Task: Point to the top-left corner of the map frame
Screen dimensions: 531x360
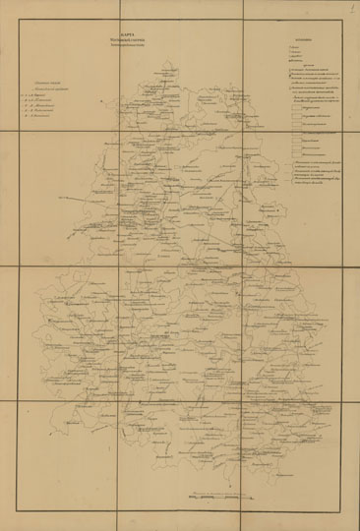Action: coord(15,15)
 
